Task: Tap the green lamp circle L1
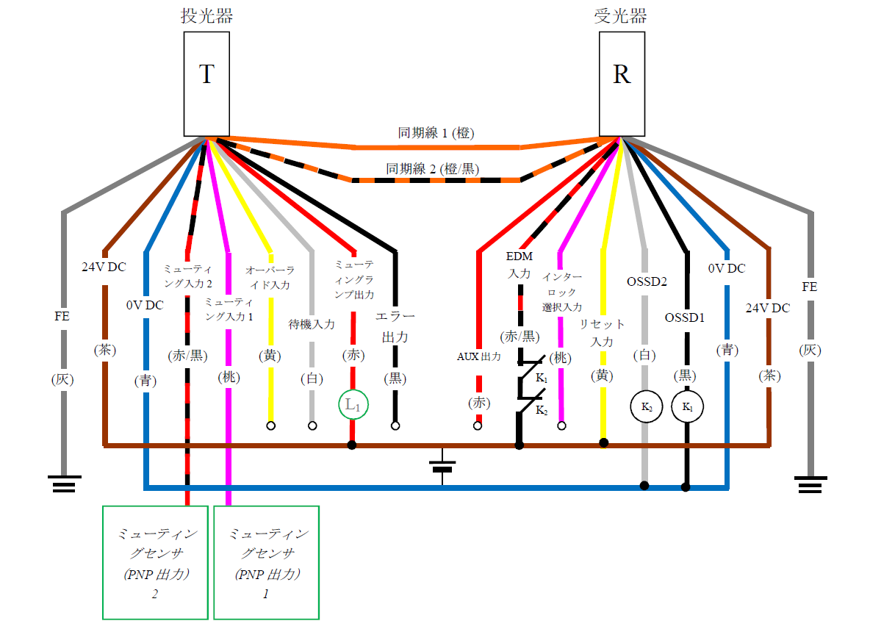353,405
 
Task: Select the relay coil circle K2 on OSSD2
646,406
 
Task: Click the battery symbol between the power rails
442,466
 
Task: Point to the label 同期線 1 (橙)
436,133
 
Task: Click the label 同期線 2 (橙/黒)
433,169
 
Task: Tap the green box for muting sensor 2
155,561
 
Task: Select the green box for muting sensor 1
266,561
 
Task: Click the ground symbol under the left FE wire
64,484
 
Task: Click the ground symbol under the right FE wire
810,484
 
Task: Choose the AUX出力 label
478,357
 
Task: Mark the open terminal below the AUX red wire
478,425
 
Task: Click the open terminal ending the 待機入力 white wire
312,425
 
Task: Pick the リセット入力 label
603,333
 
